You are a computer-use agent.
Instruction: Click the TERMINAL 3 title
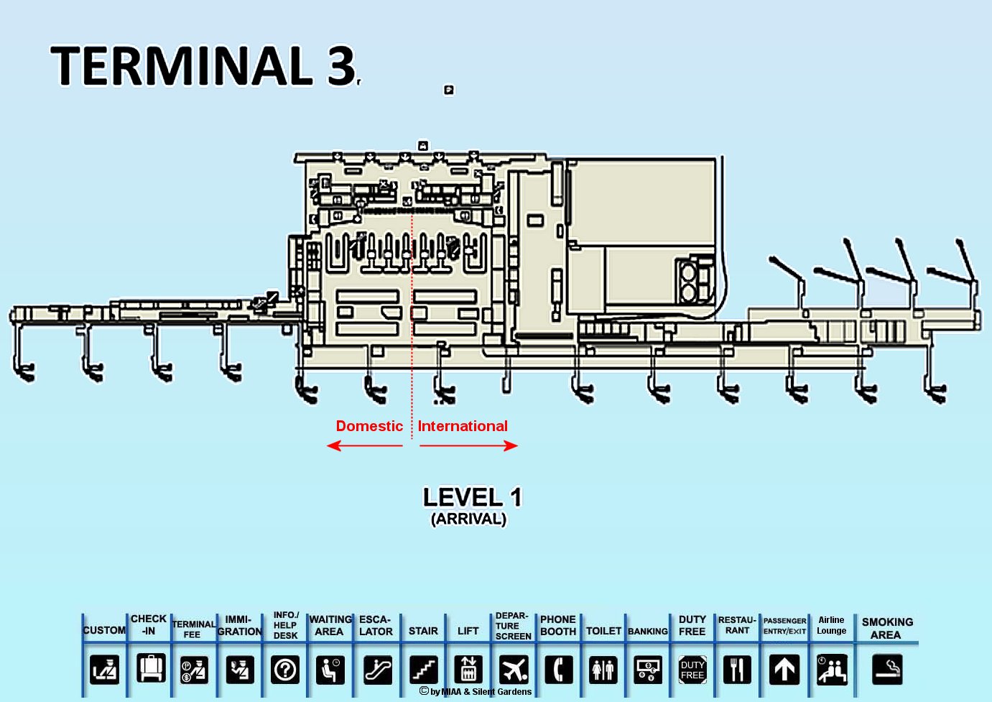(x=204, y=65)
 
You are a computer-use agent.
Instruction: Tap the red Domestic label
(x=369, y=426)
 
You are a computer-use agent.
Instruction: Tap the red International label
(x=463, y=426)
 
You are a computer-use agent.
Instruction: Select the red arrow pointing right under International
(x=468, y=445)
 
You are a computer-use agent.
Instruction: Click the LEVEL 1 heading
(x=472, y=497)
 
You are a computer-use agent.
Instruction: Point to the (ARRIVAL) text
(x=468, y=519)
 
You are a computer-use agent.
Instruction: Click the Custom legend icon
(x=105, y=670)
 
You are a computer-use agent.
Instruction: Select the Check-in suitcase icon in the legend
(x=151, y=668)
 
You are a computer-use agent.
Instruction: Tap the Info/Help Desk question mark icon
(x=285, y=670)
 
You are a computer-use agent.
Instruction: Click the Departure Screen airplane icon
(x=514, y=670)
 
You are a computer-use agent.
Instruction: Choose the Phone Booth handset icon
(x=558, y=670)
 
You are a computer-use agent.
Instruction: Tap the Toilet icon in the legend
(x=603, y=670)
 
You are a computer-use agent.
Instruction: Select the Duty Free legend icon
(x=692, y=670)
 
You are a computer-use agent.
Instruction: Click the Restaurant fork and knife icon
(x=736, y=670)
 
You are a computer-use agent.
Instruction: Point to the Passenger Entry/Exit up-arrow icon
(x=784, y=670)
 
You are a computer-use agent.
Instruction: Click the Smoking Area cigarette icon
(x=887, y=670)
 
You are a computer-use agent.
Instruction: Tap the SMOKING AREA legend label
(x=887, y=628)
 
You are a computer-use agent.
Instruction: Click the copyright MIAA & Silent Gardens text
(x=476, y=691)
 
